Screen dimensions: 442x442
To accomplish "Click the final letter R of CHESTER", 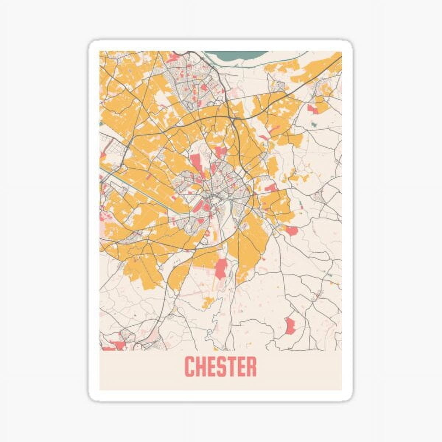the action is (x=251, y=366).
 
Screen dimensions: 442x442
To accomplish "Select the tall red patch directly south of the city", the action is (x=221, y=268).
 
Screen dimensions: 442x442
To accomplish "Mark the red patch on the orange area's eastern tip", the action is (x=291, y=231).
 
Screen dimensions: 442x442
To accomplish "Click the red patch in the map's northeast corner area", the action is (x=312, y=108).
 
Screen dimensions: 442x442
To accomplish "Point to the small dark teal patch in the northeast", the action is (x=314, y=125).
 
